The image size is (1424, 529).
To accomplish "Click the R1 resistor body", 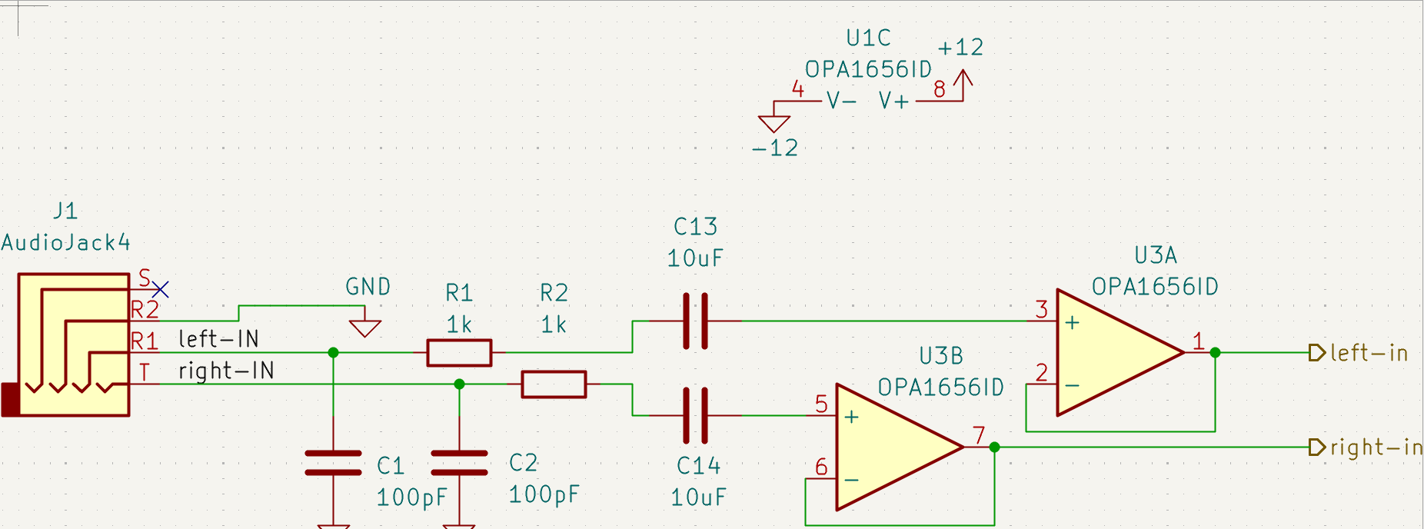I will [x=459, y=353].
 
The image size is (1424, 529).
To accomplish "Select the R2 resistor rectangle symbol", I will [x=554, y=384].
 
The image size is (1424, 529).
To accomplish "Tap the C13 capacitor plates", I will [x=695, y=321].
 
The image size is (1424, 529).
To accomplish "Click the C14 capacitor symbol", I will [x=695, y=415].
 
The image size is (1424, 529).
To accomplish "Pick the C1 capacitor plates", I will [x=333, y=464].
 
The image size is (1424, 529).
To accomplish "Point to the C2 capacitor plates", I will [x=459, y=464].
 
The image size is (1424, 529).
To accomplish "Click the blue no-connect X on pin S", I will [x=160, y=289].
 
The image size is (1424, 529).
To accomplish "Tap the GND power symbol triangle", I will [x=364, y=328].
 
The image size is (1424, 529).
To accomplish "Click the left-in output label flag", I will [x=1317, y=353].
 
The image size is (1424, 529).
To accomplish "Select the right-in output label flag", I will [x=1317, y=447].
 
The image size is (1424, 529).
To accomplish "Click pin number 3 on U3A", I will [x=1041, y=309].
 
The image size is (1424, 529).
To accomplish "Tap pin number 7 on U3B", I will [x=979, y=436].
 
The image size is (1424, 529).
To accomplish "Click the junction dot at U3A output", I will [x=1215, y=353].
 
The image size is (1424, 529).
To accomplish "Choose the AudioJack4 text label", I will [x=66, y=243].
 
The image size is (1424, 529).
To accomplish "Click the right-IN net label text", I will [x=226, y=371].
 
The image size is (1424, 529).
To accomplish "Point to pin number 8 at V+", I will [x=939, y=90].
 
